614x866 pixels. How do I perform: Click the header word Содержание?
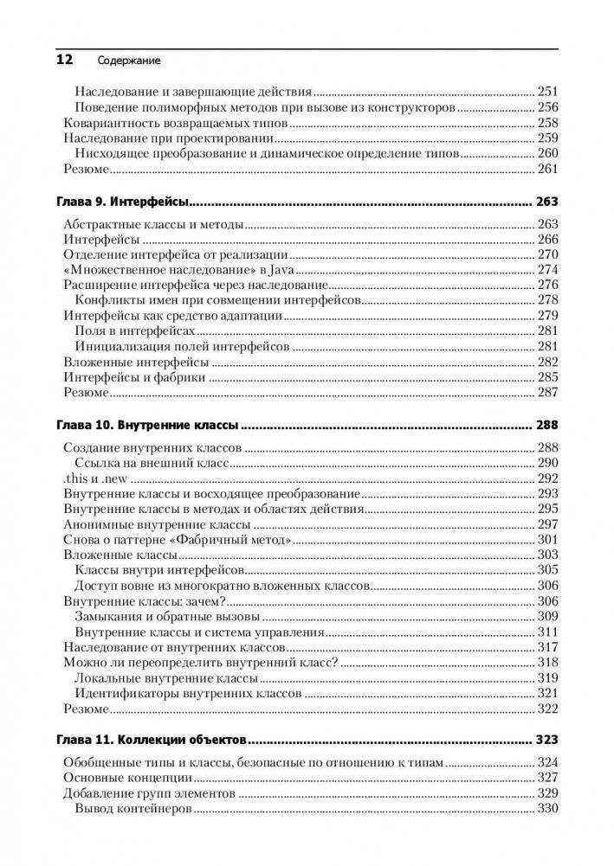[x=129, y=61]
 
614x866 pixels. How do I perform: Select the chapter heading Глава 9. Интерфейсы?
[x=123, y=202]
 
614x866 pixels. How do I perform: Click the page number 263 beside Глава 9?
[x=546, y=202]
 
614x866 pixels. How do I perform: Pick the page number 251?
[x=547, y=91]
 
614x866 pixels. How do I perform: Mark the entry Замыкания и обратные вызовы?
[x=165, y=617]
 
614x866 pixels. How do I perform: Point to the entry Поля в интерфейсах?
[x=134, y=331]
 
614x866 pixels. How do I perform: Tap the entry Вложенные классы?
[x=121, y=555]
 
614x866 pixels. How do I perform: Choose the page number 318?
[x=547, y=663]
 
